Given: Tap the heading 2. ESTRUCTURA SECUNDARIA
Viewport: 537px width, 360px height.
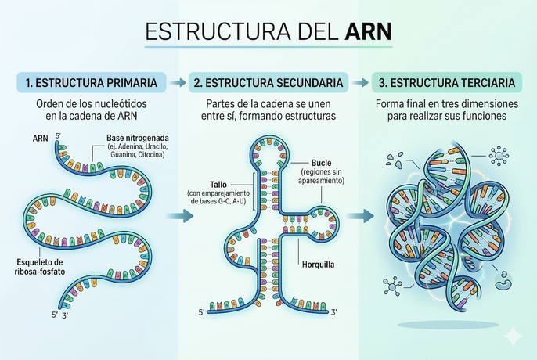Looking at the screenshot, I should (268, 82).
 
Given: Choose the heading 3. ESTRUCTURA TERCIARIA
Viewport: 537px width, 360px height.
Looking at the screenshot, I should (446, 82).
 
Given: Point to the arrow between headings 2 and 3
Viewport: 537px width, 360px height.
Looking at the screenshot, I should (359, 82).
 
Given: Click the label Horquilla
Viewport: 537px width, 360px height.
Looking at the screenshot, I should (319, 264).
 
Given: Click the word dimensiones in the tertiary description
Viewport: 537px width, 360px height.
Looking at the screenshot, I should (479, 105).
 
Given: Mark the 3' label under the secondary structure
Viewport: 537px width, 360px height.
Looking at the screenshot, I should (334, 313).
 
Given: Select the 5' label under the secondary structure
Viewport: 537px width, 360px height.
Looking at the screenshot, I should (201, 313).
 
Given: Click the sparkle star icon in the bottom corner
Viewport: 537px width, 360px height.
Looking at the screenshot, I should (513, 336).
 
